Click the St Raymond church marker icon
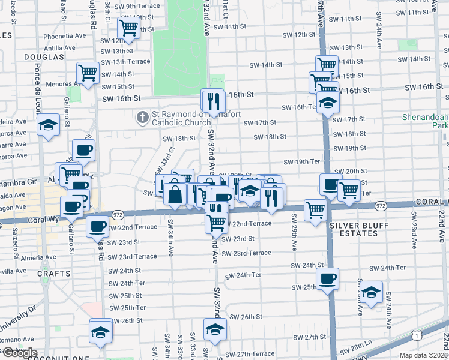[142, 116]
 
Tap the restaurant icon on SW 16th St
[212, 101]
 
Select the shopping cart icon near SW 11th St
[129, 28]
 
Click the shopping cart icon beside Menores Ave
[88, 73]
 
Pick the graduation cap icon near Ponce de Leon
[48, 125]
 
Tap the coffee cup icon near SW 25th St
[328, 278]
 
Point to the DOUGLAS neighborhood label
[44, 56]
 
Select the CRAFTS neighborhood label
[54, 273]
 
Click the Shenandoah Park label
[427, 122]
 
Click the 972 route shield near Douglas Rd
[118, 214]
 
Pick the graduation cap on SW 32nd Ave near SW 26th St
[215, 328]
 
